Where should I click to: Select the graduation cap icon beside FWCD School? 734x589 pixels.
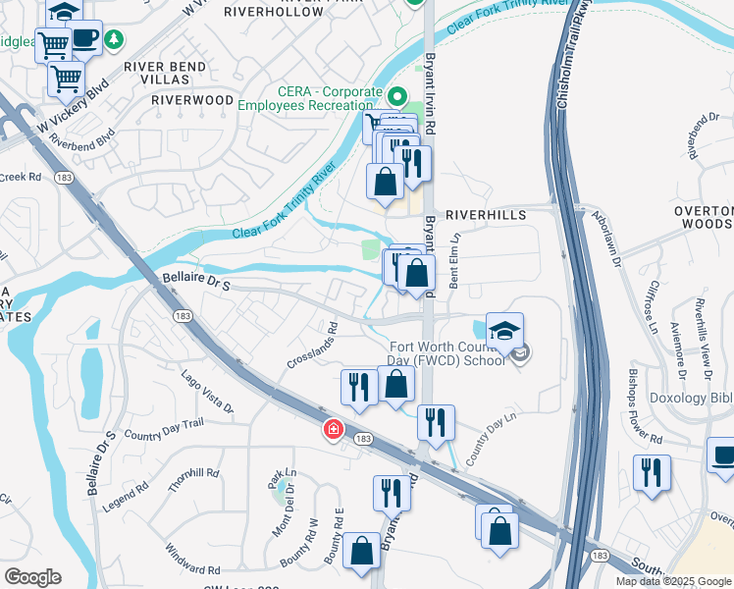(504, 331)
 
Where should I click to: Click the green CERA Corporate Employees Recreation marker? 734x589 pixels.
(397, 97)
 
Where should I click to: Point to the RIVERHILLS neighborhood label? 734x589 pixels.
(486, 214)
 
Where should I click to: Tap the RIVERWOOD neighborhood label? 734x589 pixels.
(192, 100)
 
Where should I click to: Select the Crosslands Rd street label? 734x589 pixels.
(313, 347)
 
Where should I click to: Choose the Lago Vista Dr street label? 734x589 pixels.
(209, 392)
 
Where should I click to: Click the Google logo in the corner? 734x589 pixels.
(32, 577)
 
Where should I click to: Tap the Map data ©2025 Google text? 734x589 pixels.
(672, 581)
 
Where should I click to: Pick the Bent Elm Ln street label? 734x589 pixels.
(454, 260)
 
